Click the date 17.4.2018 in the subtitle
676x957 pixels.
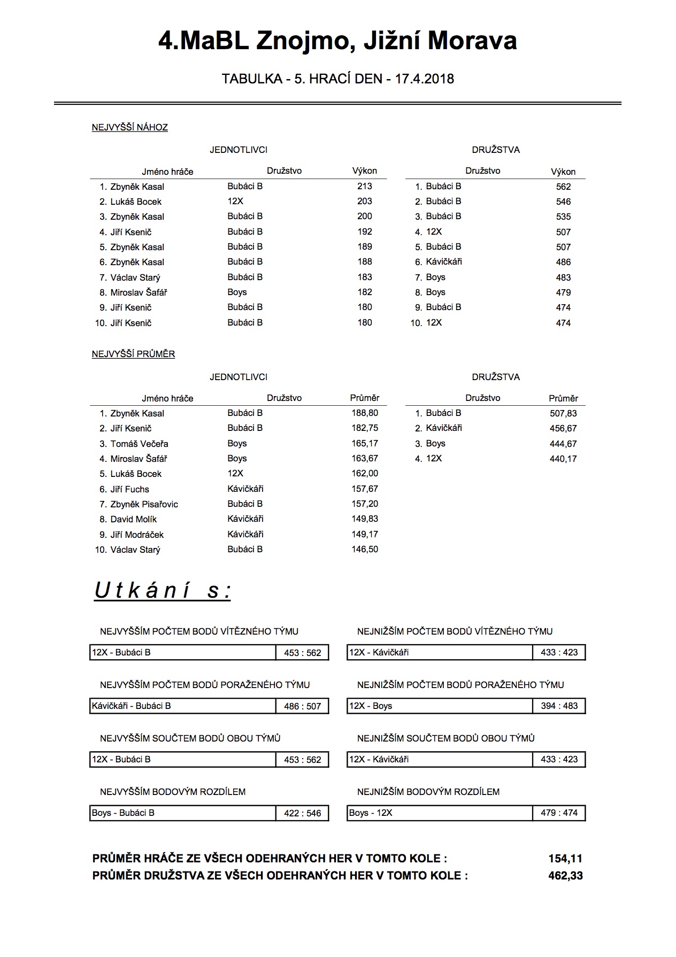click(x=424, y=79)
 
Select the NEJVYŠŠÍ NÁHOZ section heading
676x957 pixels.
click(x=130, y=127)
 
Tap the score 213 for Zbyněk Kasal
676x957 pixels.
click(x=365, y=186)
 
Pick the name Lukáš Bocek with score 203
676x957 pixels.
click(x=136, y=202)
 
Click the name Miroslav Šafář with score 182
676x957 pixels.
click(x=139, y=292)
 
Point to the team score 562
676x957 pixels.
click(x=563, y=187)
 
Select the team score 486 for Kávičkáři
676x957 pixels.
click(x=563, y=262)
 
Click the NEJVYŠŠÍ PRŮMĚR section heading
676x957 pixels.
click(x=134, y=354)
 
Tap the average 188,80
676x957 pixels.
click(x=365, y=413)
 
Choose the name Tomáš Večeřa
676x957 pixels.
click(x=139, y=444)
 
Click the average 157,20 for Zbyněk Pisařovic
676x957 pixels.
click(x=365, y=504)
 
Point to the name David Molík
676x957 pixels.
click(x=134, y=519)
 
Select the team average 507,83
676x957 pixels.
click(x=563, y=413)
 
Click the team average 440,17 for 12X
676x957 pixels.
click(x=563, y=459)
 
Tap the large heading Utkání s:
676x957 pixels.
click(x=163, y=591)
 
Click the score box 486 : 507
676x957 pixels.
click(x=303, y=706)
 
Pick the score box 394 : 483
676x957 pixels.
click(x=559, y=706)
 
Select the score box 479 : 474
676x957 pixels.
click(x=559, y=813)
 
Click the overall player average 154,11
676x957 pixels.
click(x=565, y=859)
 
